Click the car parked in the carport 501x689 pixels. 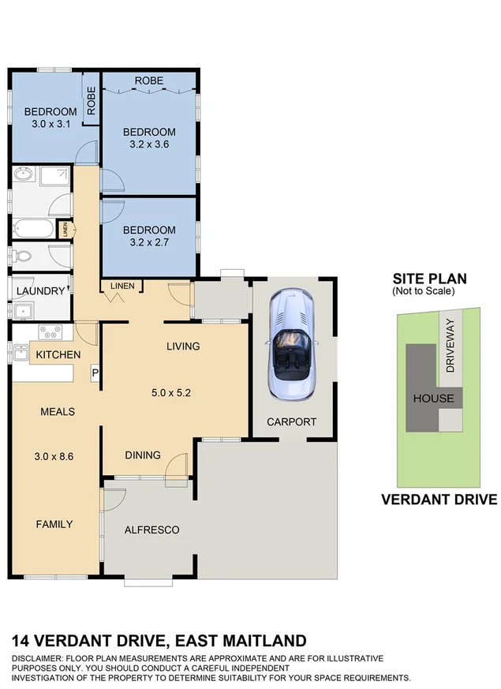291,344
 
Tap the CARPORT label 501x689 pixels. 291,421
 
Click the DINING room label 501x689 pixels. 143,455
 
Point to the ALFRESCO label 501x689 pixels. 151,530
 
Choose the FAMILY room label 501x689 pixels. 54,524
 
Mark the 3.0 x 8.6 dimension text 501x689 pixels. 54,456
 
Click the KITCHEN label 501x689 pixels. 58,355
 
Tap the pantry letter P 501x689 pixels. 95,372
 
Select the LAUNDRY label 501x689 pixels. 40,291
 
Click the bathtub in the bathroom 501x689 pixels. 34,230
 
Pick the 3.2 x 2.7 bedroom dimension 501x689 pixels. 148,242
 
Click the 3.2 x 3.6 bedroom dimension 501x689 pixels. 148,144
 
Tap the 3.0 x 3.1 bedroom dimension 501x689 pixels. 49,124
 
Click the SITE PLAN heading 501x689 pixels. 429,279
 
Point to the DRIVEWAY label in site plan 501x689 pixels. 451,345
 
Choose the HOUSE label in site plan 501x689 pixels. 434,398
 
